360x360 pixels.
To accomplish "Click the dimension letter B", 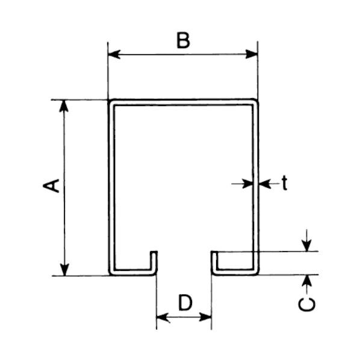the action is pos(183,40).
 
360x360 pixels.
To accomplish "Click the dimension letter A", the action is pos(51,186).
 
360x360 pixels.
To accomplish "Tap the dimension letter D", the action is pos(185,302).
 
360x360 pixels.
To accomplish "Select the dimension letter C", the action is pos(307,305).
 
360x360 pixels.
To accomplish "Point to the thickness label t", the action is pos(285,183).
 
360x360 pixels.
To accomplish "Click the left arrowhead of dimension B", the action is pos(114,54).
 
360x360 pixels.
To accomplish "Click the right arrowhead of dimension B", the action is pos(252,54).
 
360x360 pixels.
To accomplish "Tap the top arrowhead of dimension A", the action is pos(64,106).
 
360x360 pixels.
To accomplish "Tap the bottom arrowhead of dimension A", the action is pos(64,270).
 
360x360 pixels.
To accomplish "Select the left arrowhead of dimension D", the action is pos(163,317).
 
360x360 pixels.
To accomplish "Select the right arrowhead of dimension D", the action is pos(205,317).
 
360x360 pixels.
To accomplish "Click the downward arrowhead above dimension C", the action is pos(307,245).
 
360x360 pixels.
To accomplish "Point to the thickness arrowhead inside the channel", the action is pos(248,184).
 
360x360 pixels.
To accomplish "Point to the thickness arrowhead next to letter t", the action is pos(265,184).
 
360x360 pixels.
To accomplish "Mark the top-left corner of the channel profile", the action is pos(109,101).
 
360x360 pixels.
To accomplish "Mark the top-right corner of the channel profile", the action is pos(258,100).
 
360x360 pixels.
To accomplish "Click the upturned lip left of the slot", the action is pos(154,261).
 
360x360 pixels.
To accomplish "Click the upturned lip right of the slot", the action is pos(214,261).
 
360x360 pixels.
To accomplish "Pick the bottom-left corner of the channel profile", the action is pos(110,275).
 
